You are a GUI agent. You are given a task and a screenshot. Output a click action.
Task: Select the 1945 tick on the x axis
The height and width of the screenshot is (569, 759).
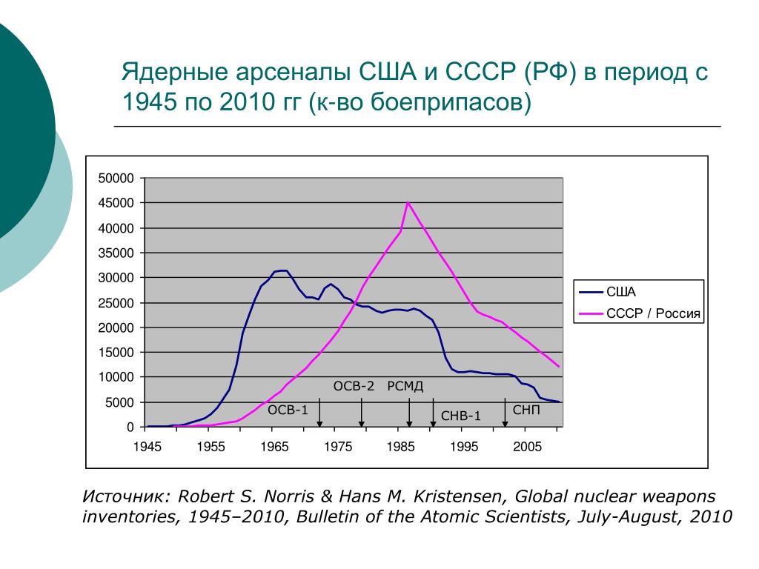point(148,447)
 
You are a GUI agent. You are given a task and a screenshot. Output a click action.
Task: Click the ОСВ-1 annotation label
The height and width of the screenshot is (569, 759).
point(288,410)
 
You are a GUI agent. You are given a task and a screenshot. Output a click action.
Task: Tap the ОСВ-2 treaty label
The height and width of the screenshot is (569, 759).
point(354,386)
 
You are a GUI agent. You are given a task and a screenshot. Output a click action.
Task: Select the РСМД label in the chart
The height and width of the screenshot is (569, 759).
point(405,386)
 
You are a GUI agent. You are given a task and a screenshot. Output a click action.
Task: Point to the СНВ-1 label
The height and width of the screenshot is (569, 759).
point(461,416)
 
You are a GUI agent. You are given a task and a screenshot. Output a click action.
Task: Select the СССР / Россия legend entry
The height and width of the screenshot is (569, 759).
point(653,313)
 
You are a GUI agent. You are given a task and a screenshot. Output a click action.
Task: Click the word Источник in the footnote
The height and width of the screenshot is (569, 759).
point(125,496)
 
